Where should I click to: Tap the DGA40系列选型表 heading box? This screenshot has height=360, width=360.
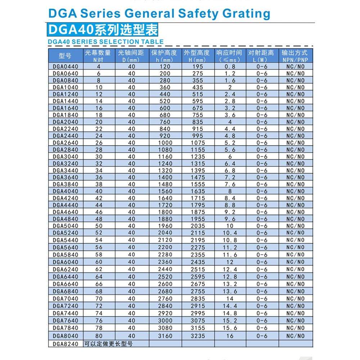tap(103, 30)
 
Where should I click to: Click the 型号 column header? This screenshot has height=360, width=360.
tap(65, 56)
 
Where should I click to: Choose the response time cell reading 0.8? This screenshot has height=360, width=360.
tap(230, 67)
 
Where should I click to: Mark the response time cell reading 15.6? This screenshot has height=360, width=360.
tap(230, 328)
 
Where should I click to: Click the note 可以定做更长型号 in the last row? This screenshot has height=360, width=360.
tap(108, 344)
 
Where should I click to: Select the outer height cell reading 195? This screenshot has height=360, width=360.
tap(197, 67)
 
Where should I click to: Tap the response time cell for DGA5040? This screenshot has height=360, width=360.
tap(230, 226)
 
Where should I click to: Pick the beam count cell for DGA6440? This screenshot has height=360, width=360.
tap(99, 276)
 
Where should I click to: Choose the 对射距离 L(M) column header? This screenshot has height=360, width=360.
tap(261, 56)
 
